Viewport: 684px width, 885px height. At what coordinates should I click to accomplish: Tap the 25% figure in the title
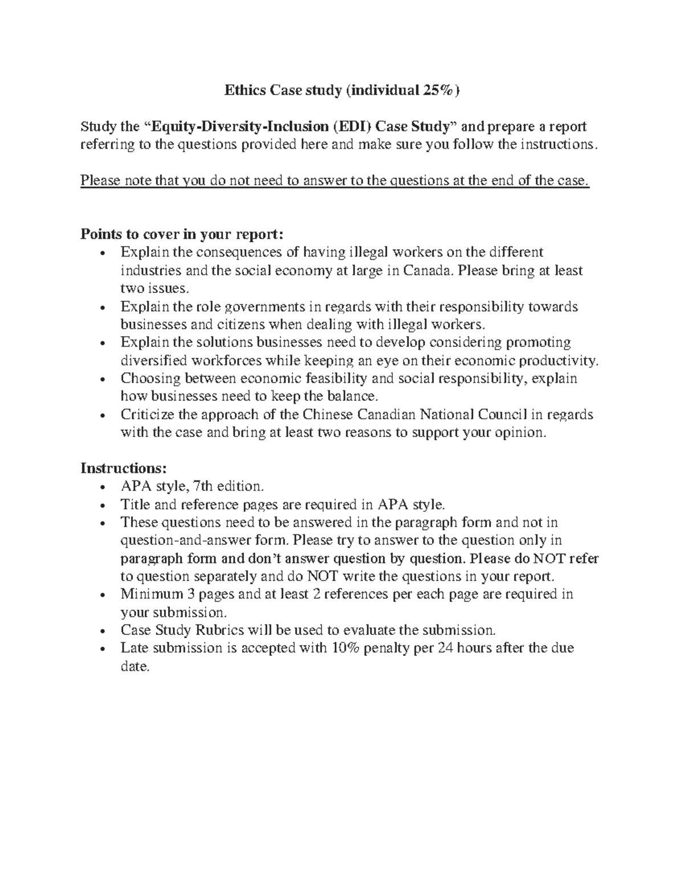437,90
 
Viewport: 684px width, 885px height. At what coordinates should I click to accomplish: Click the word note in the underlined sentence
129,181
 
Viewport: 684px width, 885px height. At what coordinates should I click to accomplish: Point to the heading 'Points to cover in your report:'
181,234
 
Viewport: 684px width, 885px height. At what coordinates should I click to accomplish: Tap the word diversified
152,361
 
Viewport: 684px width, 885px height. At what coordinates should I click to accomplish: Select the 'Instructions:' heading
124,468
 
